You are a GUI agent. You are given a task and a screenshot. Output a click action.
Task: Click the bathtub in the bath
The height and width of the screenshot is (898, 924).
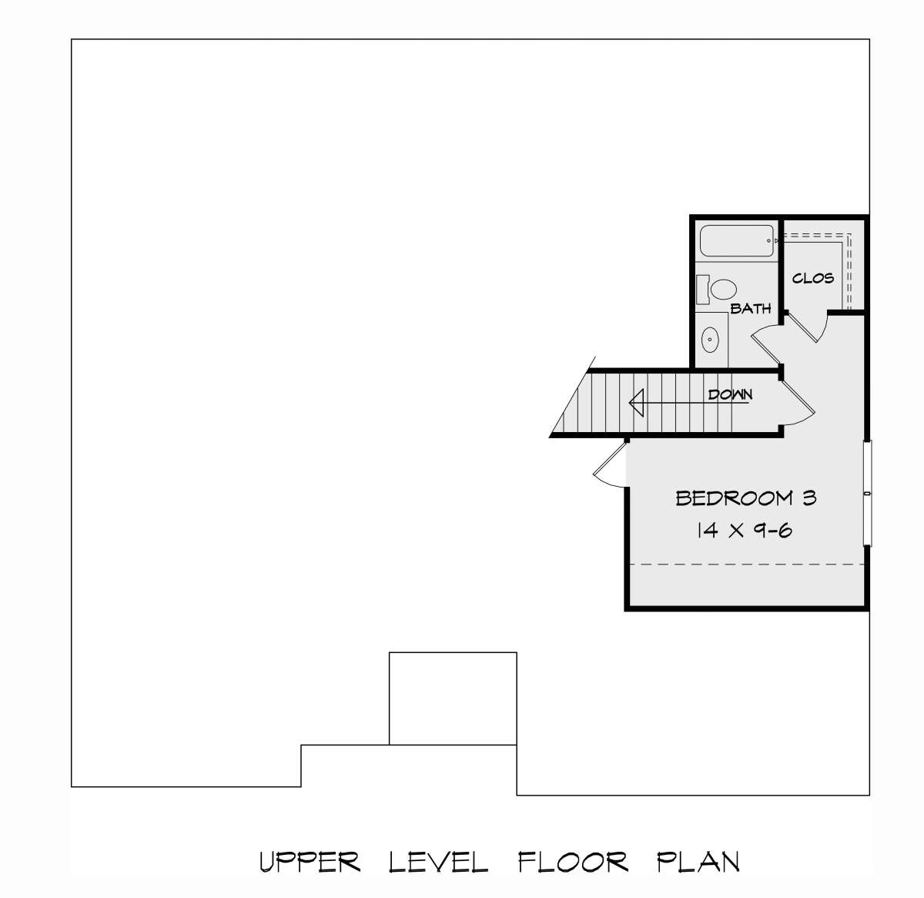click(736, 241)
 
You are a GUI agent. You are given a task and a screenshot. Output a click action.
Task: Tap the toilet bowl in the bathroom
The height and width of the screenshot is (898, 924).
click(723, 289)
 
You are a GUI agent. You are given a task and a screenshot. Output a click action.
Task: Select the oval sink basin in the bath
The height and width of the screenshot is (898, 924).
click(710, 340)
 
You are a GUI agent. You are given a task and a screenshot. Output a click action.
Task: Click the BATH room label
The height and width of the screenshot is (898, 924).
click(750, 309)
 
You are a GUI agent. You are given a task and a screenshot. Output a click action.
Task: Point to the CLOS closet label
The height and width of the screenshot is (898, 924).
click(813, 278)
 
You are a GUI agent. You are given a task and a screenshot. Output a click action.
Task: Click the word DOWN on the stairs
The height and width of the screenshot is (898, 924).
click(730, 394)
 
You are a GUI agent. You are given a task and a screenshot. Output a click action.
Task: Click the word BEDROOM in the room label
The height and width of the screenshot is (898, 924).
click(735, 498)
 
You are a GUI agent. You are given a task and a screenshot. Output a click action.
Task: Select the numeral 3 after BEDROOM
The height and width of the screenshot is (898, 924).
click(809, 498)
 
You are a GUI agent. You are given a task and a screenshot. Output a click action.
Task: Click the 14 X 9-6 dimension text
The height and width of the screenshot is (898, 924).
click(745, 530)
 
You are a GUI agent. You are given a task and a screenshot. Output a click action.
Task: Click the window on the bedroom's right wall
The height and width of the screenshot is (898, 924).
click(868, 493)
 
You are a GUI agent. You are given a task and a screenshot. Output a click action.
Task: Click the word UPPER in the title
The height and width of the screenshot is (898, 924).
click(310, 862)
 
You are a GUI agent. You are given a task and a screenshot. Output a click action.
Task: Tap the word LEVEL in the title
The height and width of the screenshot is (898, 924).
click(438, 862)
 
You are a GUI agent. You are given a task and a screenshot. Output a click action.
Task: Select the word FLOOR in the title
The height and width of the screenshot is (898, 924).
click(573, 862)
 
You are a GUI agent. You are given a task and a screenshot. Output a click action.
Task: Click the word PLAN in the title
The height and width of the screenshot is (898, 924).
click(698, 862)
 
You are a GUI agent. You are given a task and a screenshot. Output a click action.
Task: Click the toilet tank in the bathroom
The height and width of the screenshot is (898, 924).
click(702, 290)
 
